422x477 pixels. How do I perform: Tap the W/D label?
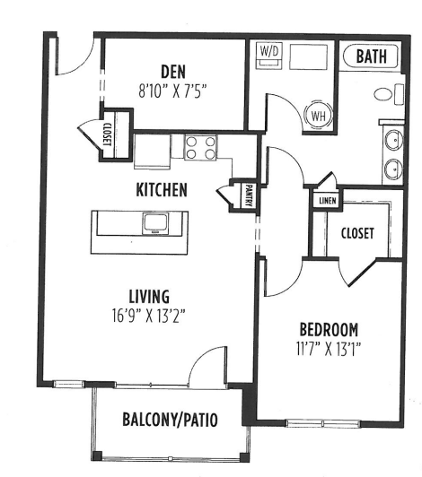click(x=268, y=53)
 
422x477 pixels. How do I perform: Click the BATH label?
click(x=373, y=56)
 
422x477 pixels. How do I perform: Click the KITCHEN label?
click(x=162, y=190)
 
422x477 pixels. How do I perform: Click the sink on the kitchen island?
click(x=154, y=221)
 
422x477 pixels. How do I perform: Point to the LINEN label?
click(x=325, y=200)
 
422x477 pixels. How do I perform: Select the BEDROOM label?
click(x=328, y=328)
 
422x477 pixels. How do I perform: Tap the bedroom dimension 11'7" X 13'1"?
click(x=328, y=346)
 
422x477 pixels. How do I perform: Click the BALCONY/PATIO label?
click(x=170, y=419)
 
